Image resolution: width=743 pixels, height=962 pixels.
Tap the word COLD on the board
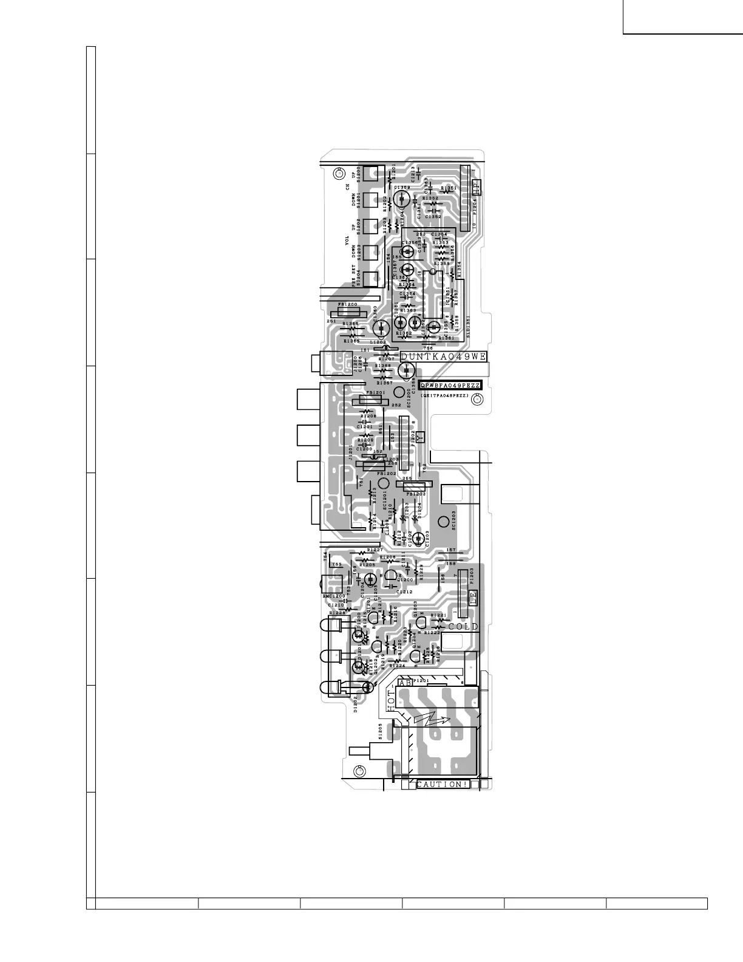463,626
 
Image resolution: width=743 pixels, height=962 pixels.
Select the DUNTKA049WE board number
443,357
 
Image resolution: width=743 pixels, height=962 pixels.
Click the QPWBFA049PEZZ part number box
450,386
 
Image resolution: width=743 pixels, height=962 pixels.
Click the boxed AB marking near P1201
405,683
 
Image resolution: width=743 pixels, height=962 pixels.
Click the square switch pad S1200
371,174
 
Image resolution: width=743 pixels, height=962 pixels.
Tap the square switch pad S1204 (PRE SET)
371,278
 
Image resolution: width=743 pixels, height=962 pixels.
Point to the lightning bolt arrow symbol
433,720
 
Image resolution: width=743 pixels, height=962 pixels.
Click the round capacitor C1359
404,199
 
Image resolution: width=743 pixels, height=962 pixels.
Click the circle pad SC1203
444,520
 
